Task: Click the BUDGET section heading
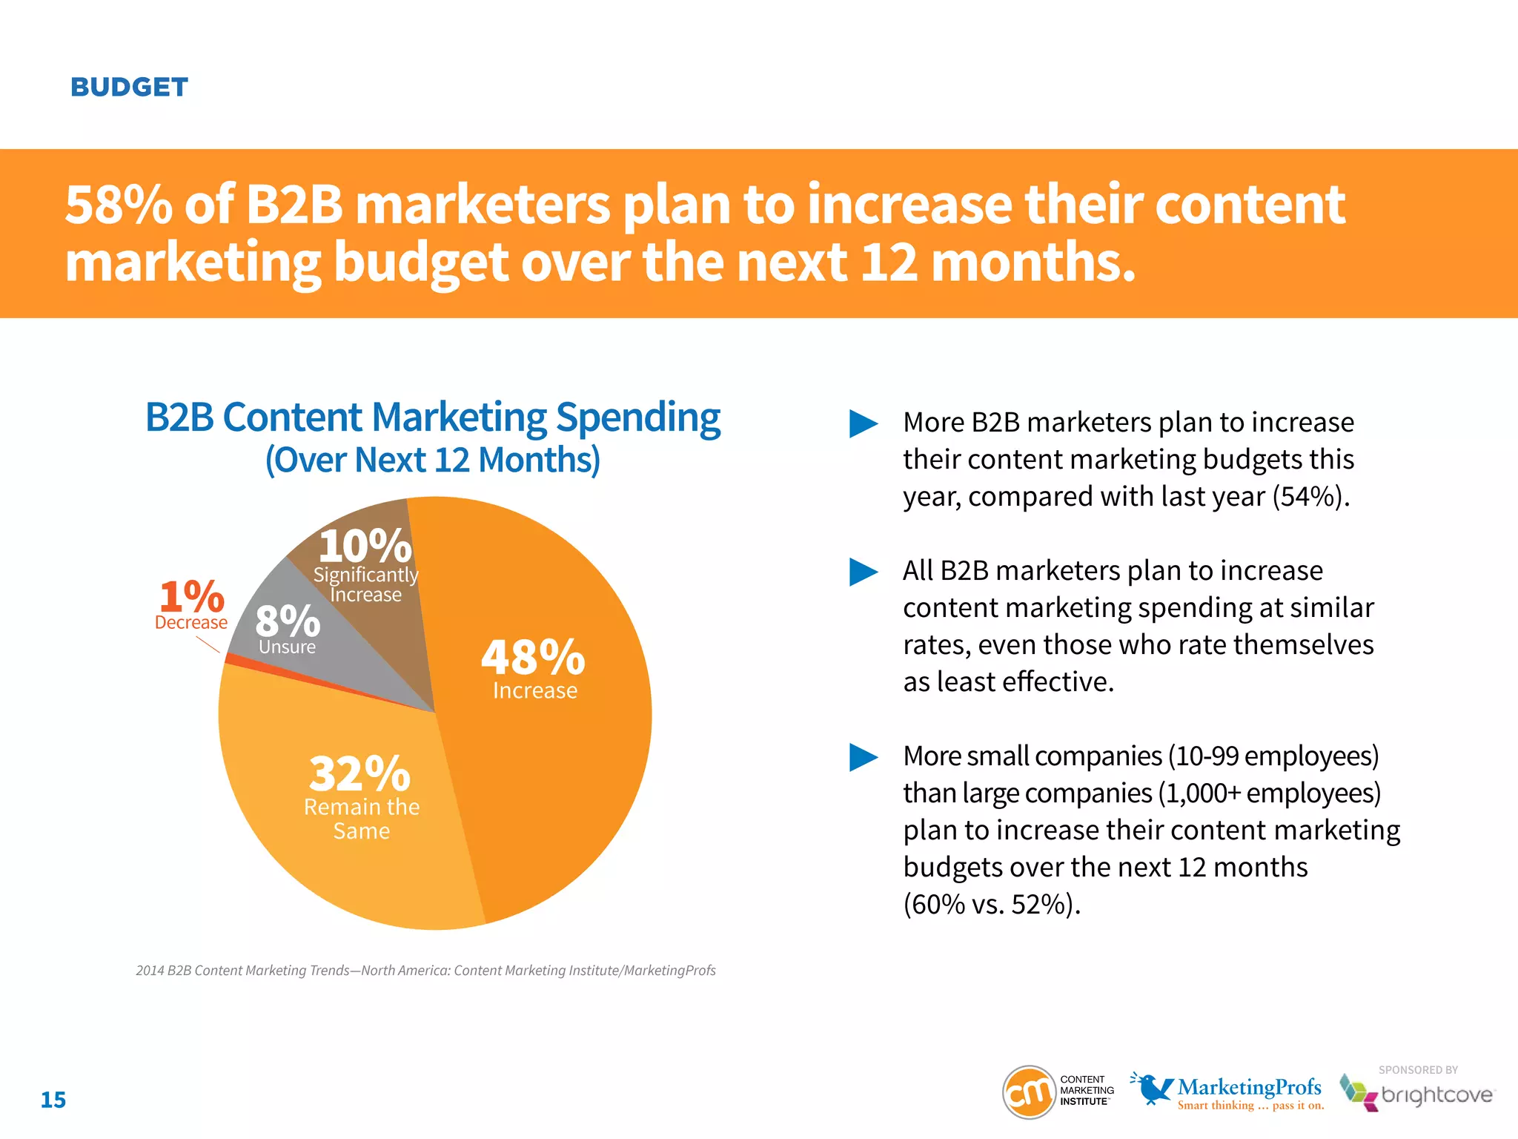(x=129, y=88)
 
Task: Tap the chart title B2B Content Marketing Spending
(x=433, y=417)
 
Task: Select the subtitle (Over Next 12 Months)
(x=433, y=460)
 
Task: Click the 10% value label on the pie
(x=365, y=547)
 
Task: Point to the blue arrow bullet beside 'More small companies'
(x=863, y=757)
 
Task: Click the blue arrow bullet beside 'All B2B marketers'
(x=863, y=572)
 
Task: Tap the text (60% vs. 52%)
(x=992, y=905)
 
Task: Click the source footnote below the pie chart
(x=425, y=971)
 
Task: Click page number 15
(x=53, y=1100)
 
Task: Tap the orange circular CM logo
(x=1029, y=1092)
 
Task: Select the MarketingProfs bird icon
(x=1151, y=1089)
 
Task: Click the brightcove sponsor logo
(x=1417, y=1095)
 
